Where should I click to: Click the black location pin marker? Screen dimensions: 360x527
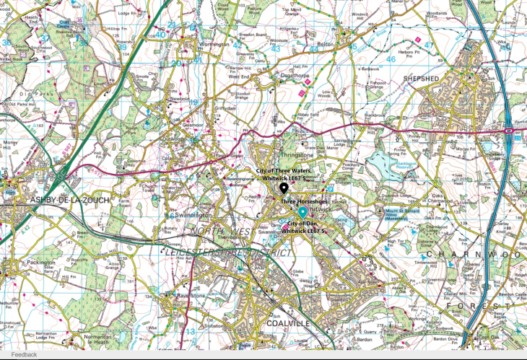[x=283, y=188]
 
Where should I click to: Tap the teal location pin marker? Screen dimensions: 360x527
[x=302, y=212]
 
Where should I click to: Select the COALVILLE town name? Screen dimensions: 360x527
[x=288, y=323]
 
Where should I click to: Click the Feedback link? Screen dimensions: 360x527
[x=24, y=355]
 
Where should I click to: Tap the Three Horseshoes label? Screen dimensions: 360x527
[x=305, y=201]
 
